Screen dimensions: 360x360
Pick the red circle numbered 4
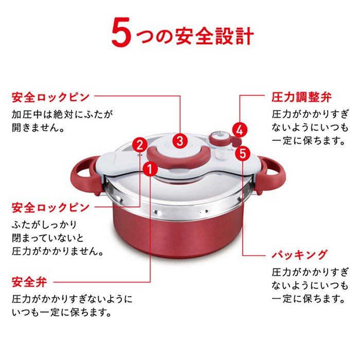239,130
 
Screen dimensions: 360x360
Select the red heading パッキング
299,254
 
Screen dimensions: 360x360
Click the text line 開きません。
38,127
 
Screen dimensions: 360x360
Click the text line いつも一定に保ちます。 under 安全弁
61,312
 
